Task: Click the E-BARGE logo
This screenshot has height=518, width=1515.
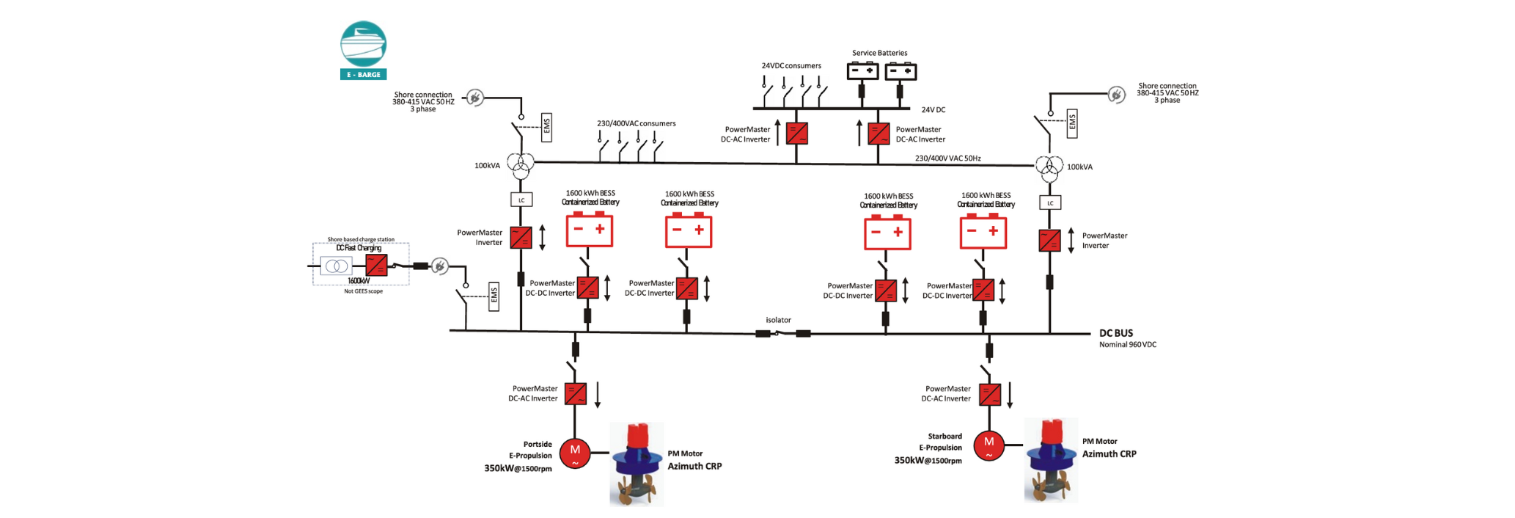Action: pyautogui.click(x=363, y=50)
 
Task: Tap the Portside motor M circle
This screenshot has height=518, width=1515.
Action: pyautogui.click(x=575, y=452)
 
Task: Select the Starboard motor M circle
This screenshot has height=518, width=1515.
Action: pyautogui.click(x=988, y=444)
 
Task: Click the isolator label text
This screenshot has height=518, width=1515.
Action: pyautogui.click(x=778, y=320)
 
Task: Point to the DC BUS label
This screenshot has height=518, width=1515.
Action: pyautogui.click(x=1115, y=333)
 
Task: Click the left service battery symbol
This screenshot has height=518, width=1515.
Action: pyautogui.click(x=862, y=71)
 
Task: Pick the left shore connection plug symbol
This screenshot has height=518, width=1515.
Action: pyautogui.click(x=475, y=98)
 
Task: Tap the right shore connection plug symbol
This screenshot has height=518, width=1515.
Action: pyautogui.click(x=1116, y=95)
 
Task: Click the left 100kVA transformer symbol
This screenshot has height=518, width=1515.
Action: pyautogui.click(x=521, y=166)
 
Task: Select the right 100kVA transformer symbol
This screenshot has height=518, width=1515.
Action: pyautogui.click(x=1049, y=168)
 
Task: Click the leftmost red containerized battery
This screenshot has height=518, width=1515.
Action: pyautogui.click(x=589, y=230)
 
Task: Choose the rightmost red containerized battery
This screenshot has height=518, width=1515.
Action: pyautogui.click(x=983, y=232)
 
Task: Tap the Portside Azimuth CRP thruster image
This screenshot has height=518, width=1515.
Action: pyautogui.click(x=637, y=464)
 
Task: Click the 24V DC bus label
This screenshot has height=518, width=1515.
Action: pyautogui.click(x=933, y=110)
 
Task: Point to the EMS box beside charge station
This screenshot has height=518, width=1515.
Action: pyautogui.click(x=494, y=296)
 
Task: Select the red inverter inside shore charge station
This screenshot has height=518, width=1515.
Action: pyautogui.click(x=376, y=266)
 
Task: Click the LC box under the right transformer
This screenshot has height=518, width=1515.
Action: pyautogui.click(x=1050, y=203)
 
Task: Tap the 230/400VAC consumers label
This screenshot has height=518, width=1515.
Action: pyautogui.click(x=636, y=123)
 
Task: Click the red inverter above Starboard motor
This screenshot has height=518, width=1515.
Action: pyautogui.click(x=990, y=394)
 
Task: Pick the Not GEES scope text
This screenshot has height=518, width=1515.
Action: pyautogui.click(x=363, y=291)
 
